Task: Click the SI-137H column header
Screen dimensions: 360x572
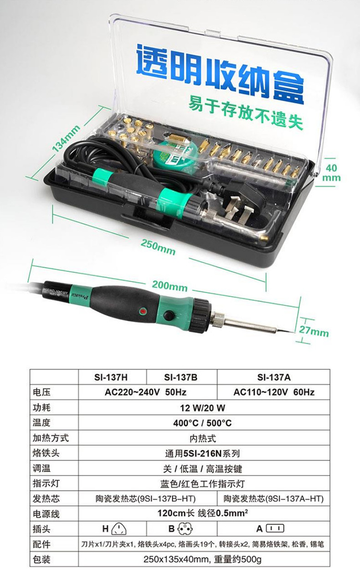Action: (111, 377)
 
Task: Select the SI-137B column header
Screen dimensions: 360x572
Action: (181, 377)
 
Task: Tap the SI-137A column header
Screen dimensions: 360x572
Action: (274, 377)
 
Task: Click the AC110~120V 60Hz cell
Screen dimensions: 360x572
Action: (274, 392)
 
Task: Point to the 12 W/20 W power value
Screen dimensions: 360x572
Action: (203, 408)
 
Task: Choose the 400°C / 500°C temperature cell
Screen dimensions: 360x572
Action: (202, 423)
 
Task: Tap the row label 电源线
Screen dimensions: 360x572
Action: (46, 514)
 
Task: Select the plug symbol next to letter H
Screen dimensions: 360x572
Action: (119, 529)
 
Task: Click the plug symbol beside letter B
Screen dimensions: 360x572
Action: (185, 529)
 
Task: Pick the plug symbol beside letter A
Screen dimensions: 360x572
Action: (275, 528)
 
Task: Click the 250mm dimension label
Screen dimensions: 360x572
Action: (158, 247)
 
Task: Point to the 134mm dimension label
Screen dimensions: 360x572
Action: (66, 138)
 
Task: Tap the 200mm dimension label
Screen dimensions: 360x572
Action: (170, 286)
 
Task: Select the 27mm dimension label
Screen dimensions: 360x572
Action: (314, 331)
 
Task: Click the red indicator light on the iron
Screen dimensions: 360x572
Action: (143, 311)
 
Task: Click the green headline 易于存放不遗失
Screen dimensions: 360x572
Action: (246, 113)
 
